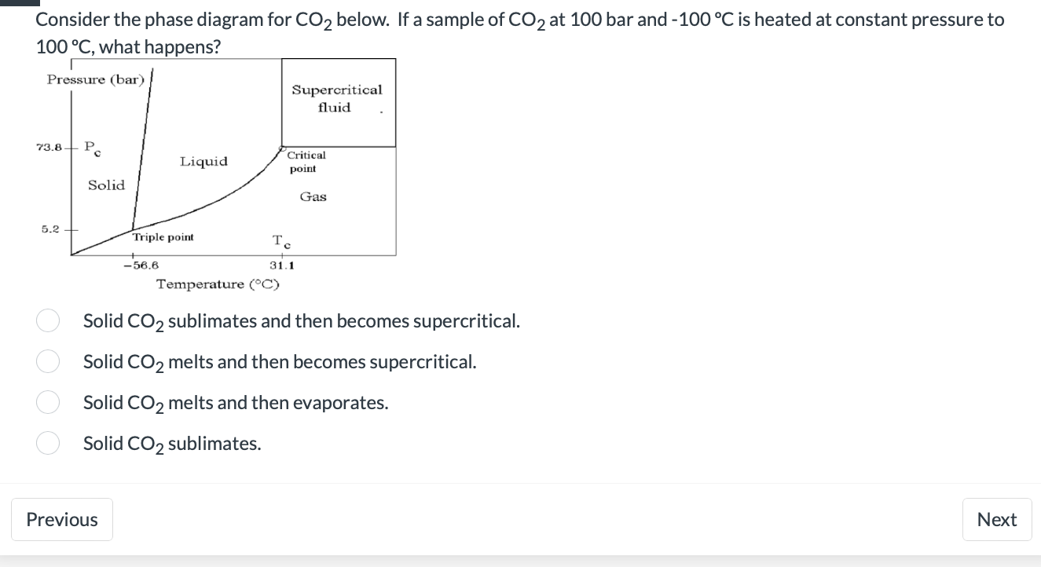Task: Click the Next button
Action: click(x=996, y=519)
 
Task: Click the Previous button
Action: click(x=62, y=519)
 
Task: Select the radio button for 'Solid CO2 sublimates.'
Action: click(x=47, y=443)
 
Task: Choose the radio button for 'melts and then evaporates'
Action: click(x=47, y=402)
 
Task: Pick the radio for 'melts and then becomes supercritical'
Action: click(x=47, y=361)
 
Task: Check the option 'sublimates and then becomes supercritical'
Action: click(x=47, y=320)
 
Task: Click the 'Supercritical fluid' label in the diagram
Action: click(x=337, y=99)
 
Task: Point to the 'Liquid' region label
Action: click(x=203, y=162)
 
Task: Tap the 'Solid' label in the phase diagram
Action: click(x=106, y=185)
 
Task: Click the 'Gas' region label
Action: click(x=313, y=197)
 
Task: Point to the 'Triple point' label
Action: click(x=163, y=237)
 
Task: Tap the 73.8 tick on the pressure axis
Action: click(x=49, y=148)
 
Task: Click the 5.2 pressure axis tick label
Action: click(x=50, y=229)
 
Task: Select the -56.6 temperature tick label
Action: click(x=141, y=265)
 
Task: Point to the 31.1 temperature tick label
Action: click(x=282, y=265)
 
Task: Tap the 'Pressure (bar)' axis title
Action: click(x=96, y=79)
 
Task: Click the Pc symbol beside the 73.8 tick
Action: click(x=91, y=147)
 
